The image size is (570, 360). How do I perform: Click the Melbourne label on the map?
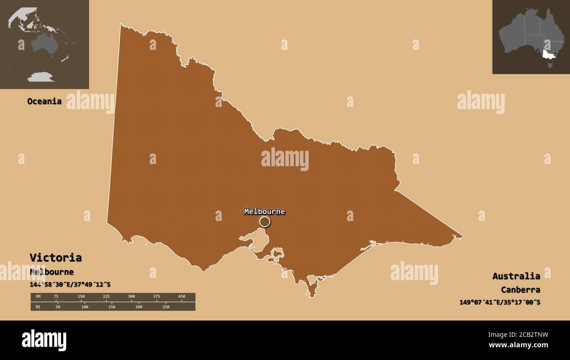pyautogui.click(x=264, y=212)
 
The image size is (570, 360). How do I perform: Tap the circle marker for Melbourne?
pyautogui.click(x=264, y=222)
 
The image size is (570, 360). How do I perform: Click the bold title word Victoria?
pyautogui.click(x=55, y=257)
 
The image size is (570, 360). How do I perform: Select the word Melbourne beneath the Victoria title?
pyautogui.click(x=51, y=272)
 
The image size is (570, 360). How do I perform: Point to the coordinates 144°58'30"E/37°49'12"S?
pyautogui.click(x=70, y=285)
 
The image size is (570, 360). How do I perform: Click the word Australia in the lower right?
pyautogui.click(x=516, y=276)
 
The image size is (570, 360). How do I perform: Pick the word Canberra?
pyautogui.click(x=520, y=289)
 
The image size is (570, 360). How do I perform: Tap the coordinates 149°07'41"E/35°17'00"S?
pyautogui.click(x=499, y=302)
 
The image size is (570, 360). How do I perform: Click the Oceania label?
pyautogui.click(x=44, y=101)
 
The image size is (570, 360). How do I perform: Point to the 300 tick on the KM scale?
pyautogui.click(x=132, y=297)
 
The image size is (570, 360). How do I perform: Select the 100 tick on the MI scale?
pyautogui.click(x=85, y=307)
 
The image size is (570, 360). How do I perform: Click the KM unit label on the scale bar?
pyautogui.click(x=38, y=297)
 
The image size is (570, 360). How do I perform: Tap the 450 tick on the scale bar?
pyautogui.click(x=182, y=297)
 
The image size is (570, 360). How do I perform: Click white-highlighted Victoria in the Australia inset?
pyautogui.click(x=548, y=55)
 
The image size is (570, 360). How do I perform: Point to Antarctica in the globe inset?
pyautogui.click(x=40, y=78)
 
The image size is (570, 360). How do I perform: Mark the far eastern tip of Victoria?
pyautogui.click(x=462, y=237)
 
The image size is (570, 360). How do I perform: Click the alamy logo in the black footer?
pyautogui.click(x=44, y=340)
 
